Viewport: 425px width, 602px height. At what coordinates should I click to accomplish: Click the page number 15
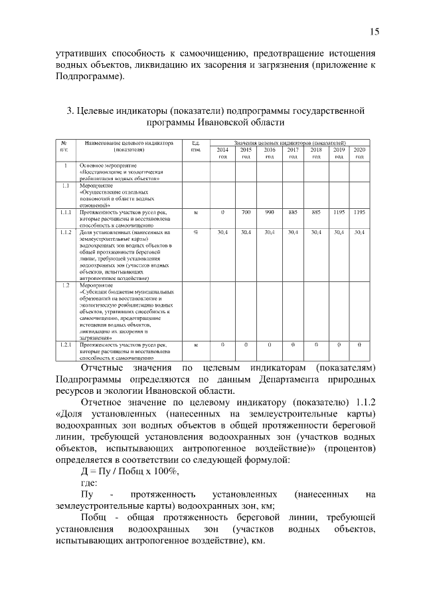(x=374, y=31)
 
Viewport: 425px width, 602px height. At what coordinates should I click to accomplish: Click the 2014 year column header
(x=222, y=153)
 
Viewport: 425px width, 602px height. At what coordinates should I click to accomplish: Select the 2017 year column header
(x=292, y=153)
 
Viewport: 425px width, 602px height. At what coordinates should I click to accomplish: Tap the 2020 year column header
(x=359, y=153)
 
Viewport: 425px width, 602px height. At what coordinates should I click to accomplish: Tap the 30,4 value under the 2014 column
(x=222, y=232)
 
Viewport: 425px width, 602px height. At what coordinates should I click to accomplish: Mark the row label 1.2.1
(x=65, y=345)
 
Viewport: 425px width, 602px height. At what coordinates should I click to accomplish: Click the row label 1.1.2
(x=65, y=232)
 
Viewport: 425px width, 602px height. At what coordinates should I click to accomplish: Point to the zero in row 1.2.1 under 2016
(x=270, y=345)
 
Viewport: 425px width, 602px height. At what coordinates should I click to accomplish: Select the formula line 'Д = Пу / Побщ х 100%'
(x=129, y=470)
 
